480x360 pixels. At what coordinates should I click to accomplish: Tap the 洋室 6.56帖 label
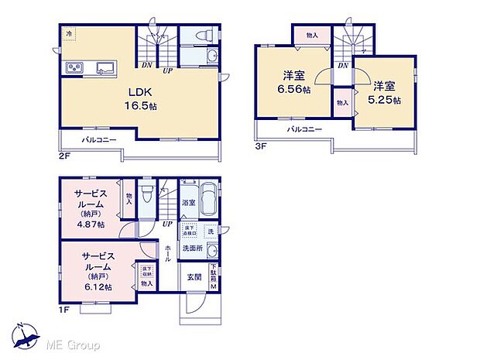295,83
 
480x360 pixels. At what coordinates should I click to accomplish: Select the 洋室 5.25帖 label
385,93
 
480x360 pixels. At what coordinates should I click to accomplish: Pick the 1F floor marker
65,310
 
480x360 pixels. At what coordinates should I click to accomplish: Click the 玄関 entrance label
194,276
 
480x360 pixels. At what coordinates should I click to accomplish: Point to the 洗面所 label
192,248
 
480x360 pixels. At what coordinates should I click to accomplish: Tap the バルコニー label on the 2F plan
100,139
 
